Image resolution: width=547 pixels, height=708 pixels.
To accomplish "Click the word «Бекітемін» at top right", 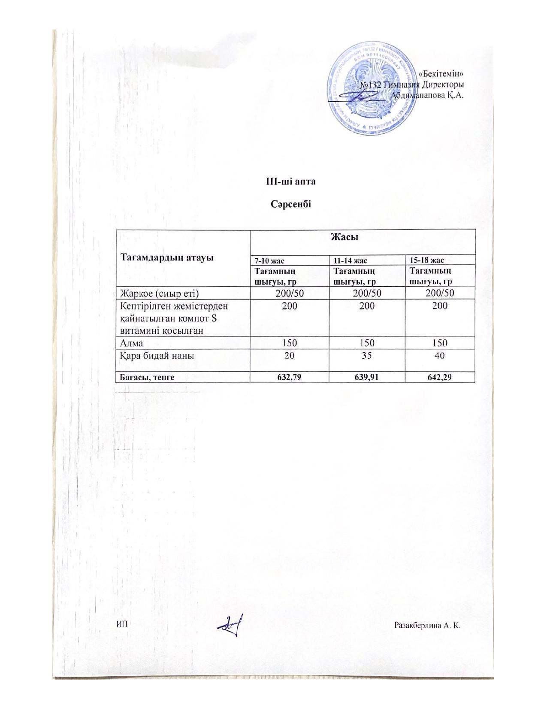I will coord(443,74).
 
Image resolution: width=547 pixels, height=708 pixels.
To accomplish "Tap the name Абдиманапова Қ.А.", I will coord(427,95).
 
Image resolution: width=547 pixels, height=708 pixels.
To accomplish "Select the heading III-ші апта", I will coord(291,182).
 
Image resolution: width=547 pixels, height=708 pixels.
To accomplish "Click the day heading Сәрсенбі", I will coord(291,203).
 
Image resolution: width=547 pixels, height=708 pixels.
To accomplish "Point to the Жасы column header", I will coord(363,237).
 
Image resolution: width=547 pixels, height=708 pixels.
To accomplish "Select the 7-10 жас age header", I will coord(270,260).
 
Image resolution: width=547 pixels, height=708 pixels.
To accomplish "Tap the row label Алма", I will coord(132,343).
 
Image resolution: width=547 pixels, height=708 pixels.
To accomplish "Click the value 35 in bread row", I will coord(367,356).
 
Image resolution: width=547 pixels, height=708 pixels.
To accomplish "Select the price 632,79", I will coord(290,377).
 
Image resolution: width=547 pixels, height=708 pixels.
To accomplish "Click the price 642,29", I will coord(440,377).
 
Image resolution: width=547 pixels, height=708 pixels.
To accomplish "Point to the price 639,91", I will coord(367,377).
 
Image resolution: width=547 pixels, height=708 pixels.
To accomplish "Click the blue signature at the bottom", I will coord(231,626).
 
